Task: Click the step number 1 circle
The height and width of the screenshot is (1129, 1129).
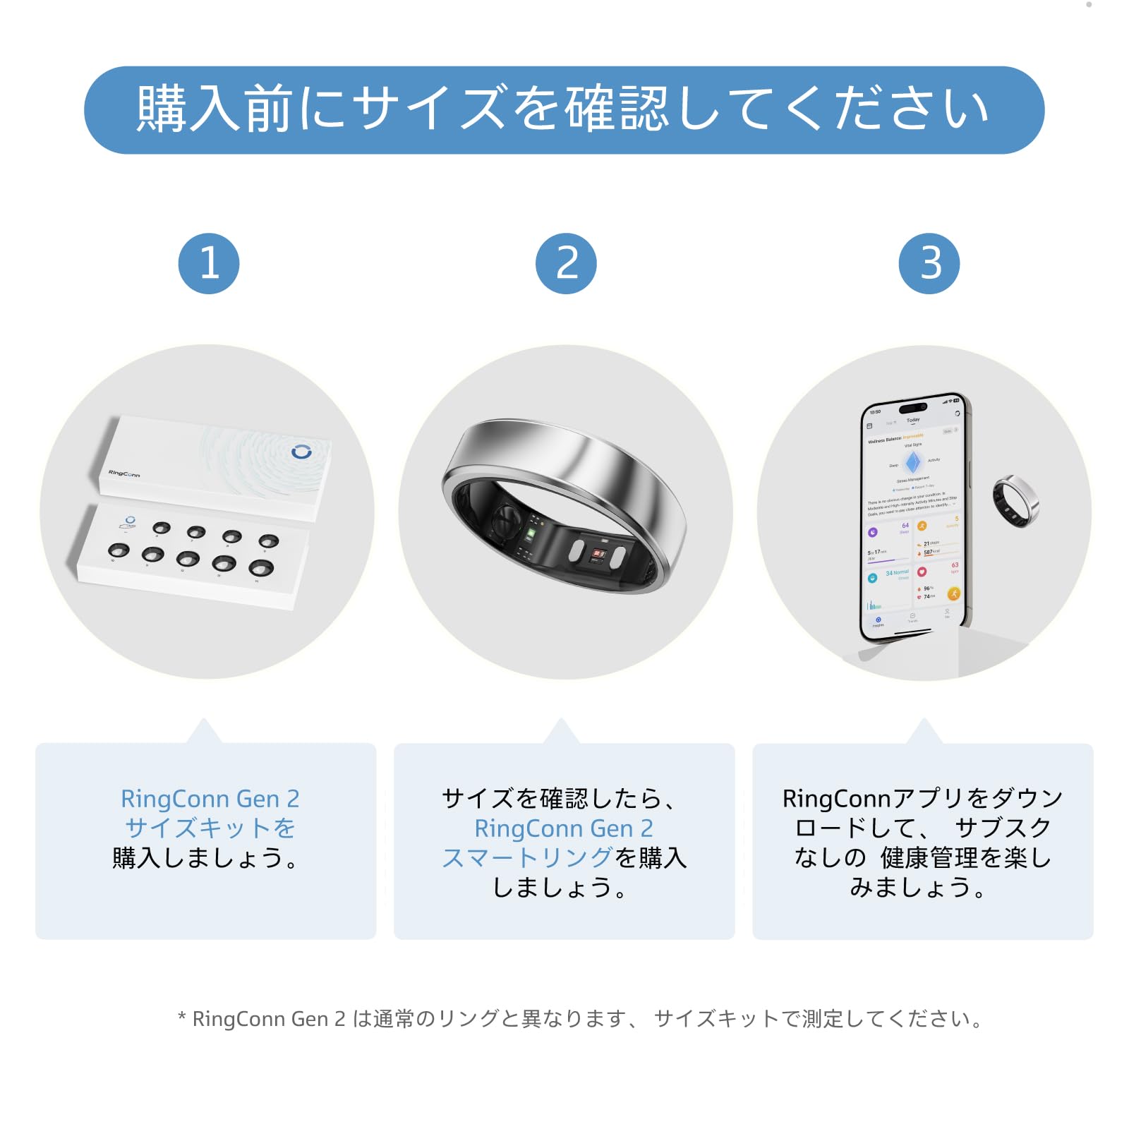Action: [209, 263]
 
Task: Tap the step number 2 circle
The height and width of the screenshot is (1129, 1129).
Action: [566, 263]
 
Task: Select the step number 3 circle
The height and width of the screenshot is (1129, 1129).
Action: [929, 263]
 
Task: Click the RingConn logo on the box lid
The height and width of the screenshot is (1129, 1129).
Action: [124, 473]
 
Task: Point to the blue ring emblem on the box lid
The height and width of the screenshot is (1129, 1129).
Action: [301, 452]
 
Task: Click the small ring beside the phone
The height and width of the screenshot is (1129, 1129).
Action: [1015, 500]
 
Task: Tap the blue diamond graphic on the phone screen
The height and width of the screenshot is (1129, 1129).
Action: [913, 462]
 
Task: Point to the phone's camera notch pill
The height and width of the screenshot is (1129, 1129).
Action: [912, 408]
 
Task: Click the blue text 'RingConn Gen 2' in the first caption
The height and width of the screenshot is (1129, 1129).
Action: [210, 799]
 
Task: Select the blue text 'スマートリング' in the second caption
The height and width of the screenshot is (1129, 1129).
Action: [527, 857]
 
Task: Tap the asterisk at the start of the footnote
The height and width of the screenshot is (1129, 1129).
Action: [181, 1018]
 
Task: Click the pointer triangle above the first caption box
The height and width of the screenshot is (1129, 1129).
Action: [204, 732]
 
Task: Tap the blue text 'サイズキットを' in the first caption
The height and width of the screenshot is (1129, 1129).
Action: [210, 828]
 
